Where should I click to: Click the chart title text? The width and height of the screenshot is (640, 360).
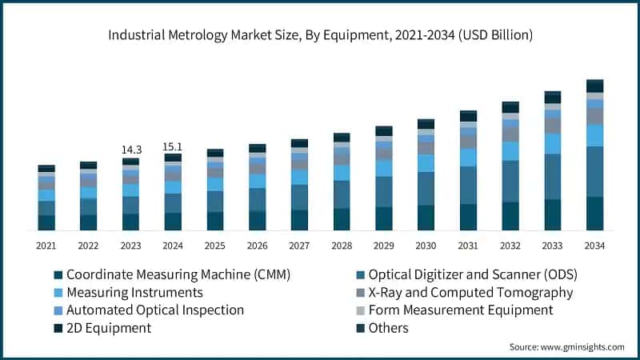click(x=320, y=35)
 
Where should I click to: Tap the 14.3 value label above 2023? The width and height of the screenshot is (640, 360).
click(x=131, y=150)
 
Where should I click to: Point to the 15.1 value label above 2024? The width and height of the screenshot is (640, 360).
click(x=173, y=146)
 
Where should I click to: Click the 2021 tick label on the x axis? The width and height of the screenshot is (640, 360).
click(x=46, y=246)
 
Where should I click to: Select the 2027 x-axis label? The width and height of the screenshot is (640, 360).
click(x=299, y=246)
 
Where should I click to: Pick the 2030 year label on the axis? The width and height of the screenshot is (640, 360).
click(x=426, y=246)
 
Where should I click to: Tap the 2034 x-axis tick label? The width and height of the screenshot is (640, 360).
click(x=594, y=246)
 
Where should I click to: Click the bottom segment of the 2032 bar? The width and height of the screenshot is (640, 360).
click(x=510, y=216)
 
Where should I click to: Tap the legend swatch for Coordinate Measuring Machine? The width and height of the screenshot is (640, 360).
click(x=58, y=274)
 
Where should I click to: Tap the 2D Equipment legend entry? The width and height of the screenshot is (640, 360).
click(x=108, y=328)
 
